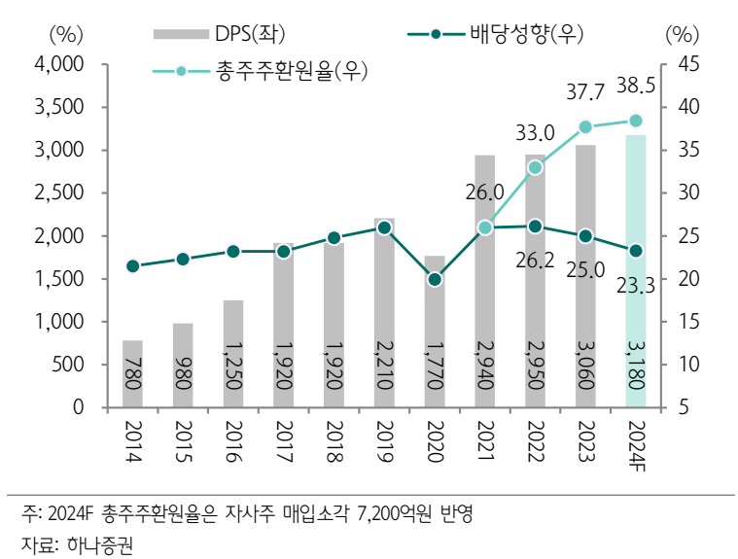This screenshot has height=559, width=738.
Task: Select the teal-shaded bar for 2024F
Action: tap(635, 272)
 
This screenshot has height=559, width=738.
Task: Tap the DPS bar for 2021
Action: tap(484, 282)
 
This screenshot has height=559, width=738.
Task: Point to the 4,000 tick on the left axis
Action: tap(60, 64)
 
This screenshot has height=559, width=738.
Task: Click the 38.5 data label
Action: tap(636, 87)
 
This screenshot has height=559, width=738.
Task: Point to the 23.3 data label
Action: tap(636, 286)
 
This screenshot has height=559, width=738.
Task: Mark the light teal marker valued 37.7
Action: tap(585, 127)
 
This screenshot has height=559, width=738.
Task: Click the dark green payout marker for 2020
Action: tap(435, 279)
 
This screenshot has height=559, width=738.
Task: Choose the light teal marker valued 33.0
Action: tap(535, 167)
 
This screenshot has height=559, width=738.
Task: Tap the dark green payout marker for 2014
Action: tap(133, 265)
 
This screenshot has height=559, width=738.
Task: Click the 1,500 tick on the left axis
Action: tap(60, 279)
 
